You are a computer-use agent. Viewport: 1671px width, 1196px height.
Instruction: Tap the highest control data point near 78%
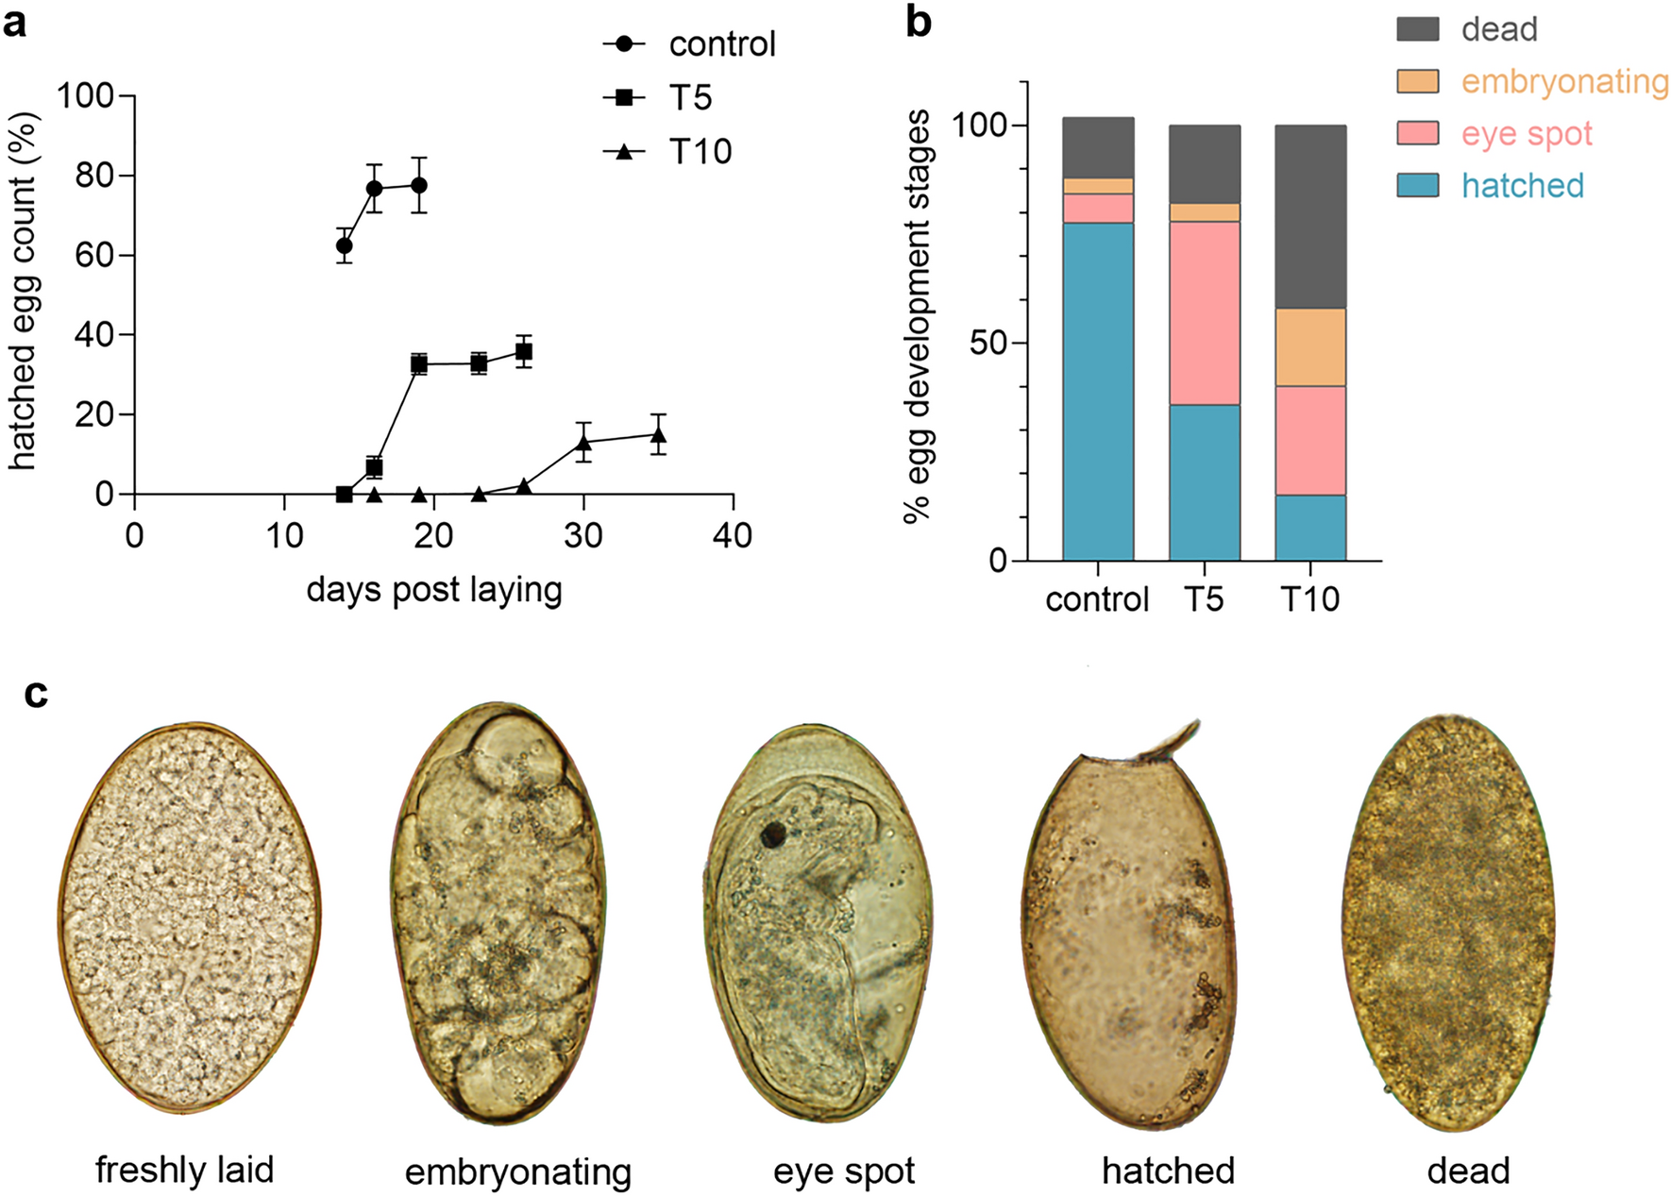[x=419, y=185]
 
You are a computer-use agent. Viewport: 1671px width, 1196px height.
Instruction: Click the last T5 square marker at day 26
[x=524, y=352]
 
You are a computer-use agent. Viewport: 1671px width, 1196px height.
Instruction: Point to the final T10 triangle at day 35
[x=658, y=435]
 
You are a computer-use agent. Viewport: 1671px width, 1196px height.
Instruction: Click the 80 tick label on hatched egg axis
[x=94, y=176]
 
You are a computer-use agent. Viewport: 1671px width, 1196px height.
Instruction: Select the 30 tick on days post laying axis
[x=583, y=536]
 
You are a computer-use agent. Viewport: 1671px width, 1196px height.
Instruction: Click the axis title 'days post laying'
[x=434, y=590]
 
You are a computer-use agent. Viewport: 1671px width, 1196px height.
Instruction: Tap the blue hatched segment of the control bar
[x=1097, y=392]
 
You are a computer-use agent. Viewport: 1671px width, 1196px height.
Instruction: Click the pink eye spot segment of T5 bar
[x=1204, y=313]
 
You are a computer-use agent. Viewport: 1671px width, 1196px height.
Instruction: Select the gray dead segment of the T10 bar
[x=1309, y=216]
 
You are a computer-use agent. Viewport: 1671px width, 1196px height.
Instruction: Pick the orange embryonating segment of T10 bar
[x=1309, y=347]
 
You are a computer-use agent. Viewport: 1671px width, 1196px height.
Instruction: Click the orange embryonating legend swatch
[x=1417, y=81]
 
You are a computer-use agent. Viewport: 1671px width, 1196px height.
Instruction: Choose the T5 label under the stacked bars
[x=1204, y=599]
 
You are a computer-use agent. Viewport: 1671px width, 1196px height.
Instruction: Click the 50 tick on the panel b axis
[x=988, y=343]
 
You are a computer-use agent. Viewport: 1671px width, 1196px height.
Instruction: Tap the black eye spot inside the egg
[x=774, y=834]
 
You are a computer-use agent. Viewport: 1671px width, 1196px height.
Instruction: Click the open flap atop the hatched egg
[x=1171, y=742]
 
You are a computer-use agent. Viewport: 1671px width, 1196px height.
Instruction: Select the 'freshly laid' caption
[x=185, y=1171]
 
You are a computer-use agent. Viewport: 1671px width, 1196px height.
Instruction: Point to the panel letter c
[x=36, y=694]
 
